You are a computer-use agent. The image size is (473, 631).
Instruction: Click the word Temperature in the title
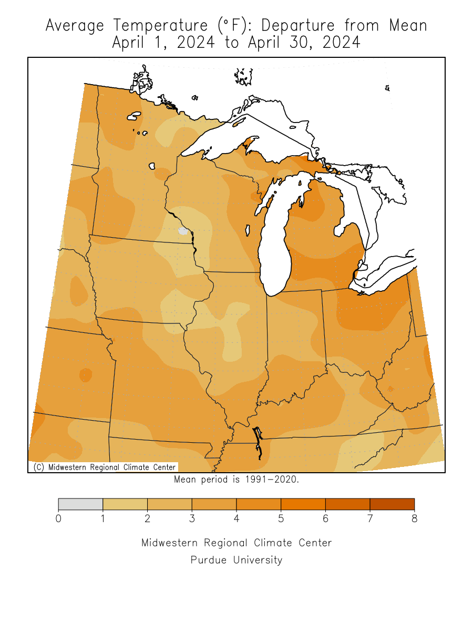pyautogui.click(x=150, y=25)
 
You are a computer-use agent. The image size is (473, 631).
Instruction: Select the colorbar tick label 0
pyautogui.click(x=58, y=519)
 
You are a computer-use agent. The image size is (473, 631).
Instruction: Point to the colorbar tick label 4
pyautogui.click(x=236, y=519)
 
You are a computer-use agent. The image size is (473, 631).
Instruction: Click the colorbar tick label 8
pyautogui.click(x=414, y=519)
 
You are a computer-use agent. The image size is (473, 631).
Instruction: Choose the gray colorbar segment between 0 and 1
pyautogui.click(x=80, y=504)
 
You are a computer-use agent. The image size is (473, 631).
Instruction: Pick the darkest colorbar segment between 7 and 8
pyautogui.click(x=392, y=504)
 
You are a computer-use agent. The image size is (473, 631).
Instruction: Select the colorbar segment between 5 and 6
pyautogui.click(x=303, y=504)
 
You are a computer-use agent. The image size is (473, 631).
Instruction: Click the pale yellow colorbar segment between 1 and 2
pyautogui.click(x=125, y=504)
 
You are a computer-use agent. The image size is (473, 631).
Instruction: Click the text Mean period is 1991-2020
pyautogui.click(x=236, y=480)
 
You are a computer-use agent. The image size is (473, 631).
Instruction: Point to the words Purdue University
pyautogui.click(x=236, y=560)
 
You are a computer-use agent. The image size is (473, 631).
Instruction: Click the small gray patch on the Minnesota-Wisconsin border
pyautogui.click(x=183, y=231)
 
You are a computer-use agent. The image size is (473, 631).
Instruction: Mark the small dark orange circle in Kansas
pyautogui.click(x=85, y=375)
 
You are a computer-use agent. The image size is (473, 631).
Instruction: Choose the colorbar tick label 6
pyautogui.click(x=325, y=519)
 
